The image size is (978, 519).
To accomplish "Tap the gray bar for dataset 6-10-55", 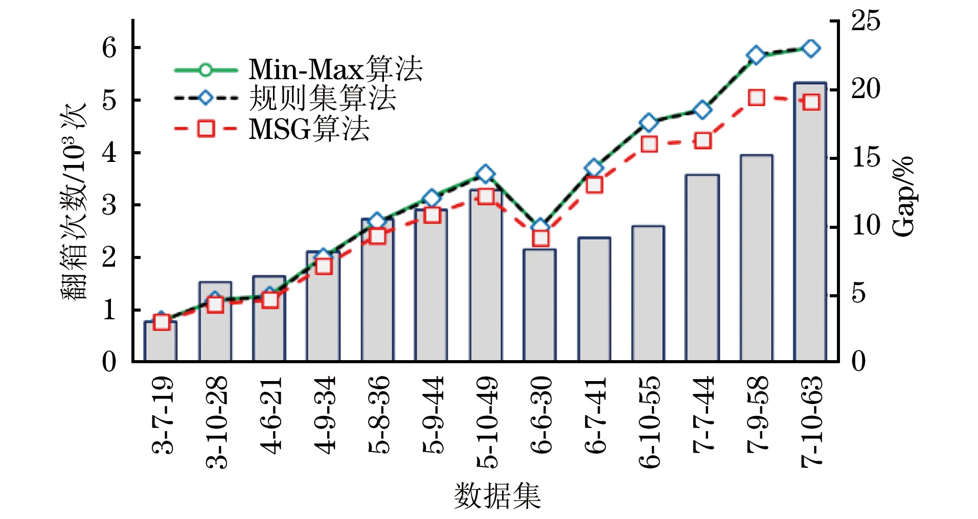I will pyautogui.click(x=648, y=294).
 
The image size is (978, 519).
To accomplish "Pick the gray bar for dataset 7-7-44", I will pyautogui.click(x=702, y=268).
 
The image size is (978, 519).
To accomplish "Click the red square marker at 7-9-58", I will pyautogui.click(x=757, y=98).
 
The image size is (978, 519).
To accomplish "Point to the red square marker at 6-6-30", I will pyautogui.click(x=540, y=238).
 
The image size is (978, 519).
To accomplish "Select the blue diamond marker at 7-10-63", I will pyautogui.click(x=811, y=49).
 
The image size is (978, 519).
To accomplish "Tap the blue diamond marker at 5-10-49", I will pyautogui.click(x=486, y=174).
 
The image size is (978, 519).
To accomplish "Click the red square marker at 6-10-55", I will pyautogui.click(x=649, y=145).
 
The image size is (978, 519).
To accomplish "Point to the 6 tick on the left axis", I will pyautogui.click(x=109, y=48).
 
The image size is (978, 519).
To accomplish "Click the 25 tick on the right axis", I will pyautogui.click(x=866, y=21).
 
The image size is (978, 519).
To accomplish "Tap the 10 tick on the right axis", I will pyautogui.click(x=866, y=226).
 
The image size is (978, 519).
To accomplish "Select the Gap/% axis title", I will pyautogui.click(x=903, y=197).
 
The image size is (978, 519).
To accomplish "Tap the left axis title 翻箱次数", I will pyautogui.click(x=74, y=202).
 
